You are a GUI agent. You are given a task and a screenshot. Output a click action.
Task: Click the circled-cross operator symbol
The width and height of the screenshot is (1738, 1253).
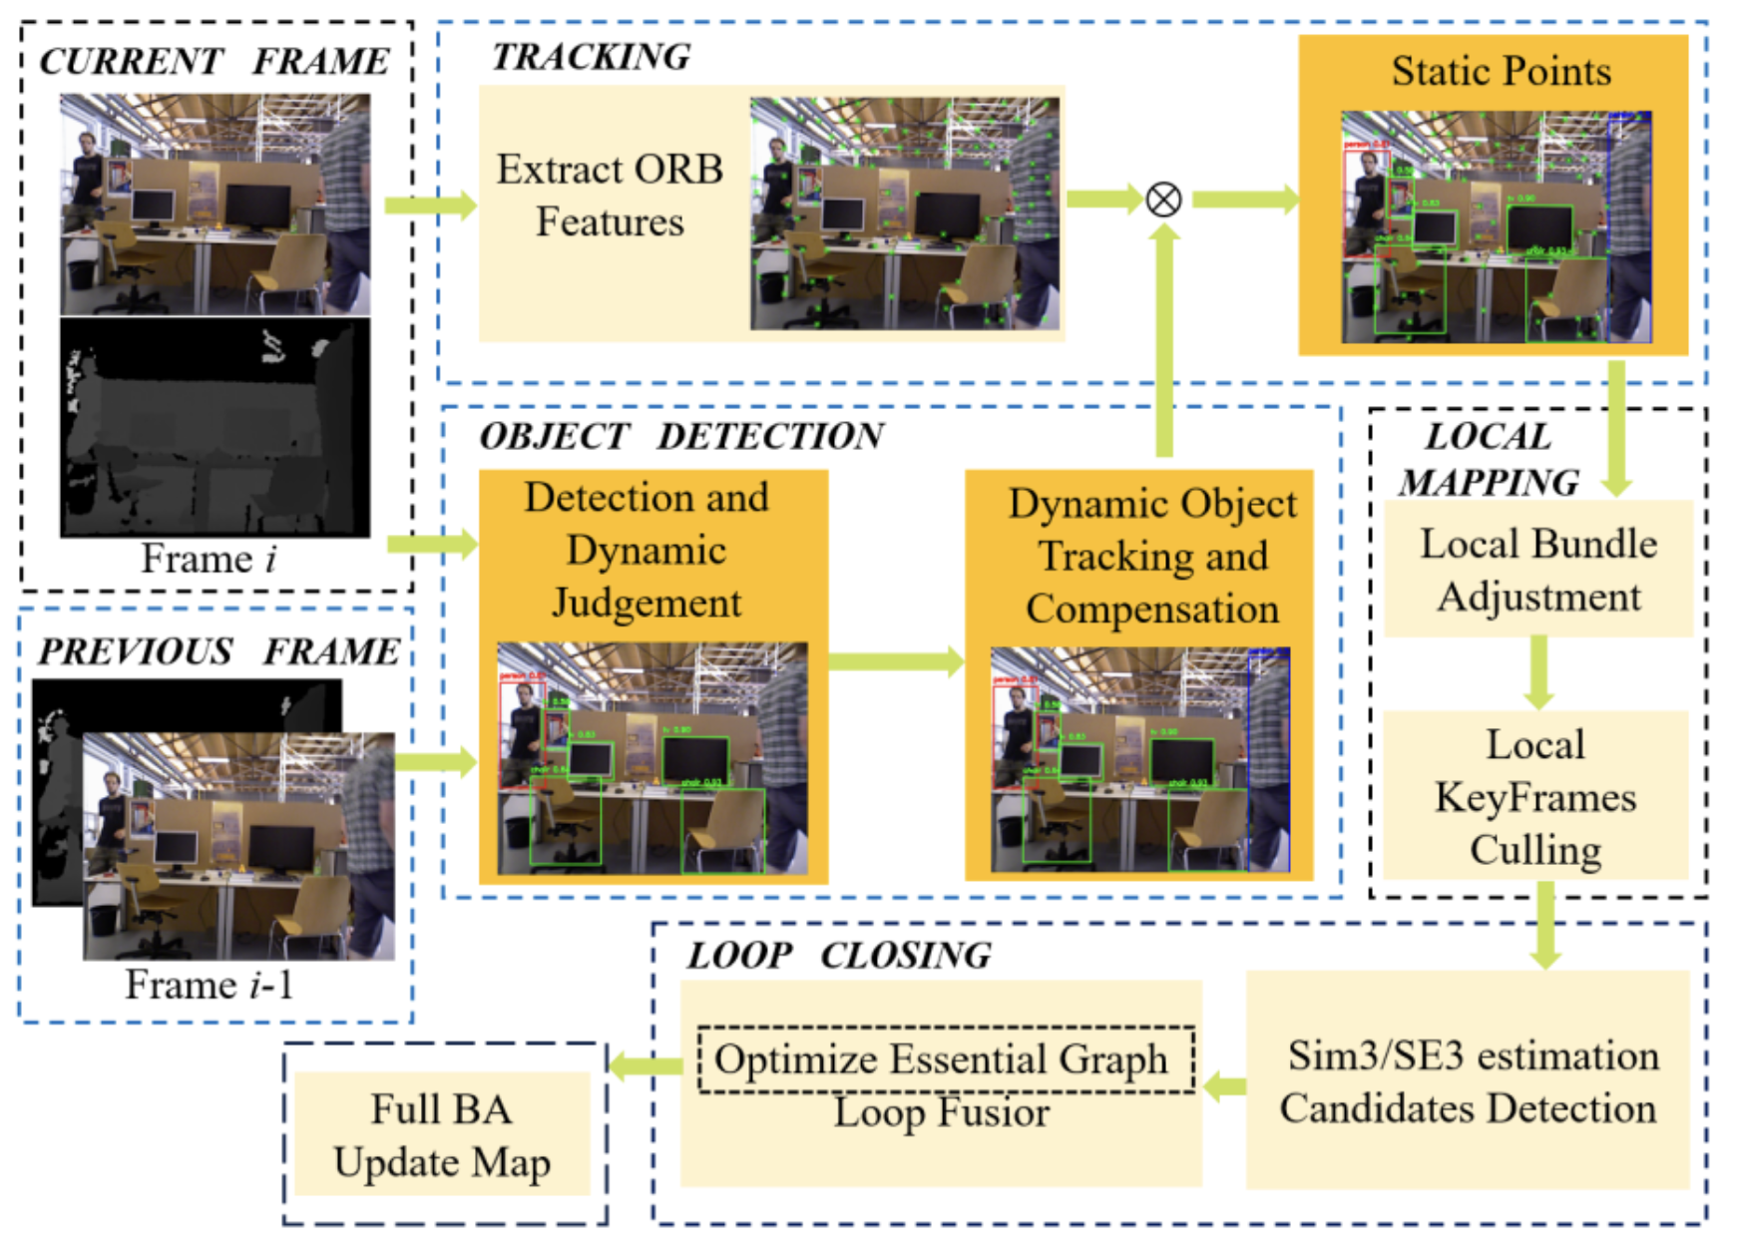pos(1163,200)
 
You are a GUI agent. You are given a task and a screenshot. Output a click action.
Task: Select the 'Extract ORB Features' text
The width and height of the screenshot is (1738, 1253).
pos(610,196)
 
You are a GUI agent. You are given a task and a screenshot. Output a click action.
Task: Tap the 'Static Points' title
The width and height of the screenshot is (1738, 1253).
pos(1501,72)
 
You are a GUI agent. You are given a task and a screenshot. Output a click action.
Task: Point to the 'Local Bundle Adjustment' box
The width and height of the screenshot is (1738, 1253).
pos(1538,570)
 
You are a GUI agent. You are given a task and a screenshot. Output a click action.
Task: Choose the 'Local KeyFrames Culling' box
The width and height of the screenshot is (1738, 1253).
pos(1535,796)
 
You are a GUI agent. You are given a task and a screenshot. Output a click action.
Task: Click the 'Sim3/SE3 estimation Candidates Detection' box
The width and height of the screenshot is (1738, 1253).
pos(1469,1081)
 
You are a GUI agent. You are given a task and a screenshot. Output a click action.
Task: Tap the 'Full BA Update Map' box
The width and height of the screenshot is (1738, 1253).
pos(442,1135)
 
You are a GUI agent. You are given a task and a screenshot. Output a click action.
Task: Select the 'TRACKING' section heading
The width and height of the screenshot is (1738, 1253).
pos(591,57)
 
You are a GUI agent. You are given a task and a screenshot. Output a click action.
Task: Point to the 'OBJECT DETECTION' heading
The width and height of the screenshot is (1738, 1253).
pos(681,436)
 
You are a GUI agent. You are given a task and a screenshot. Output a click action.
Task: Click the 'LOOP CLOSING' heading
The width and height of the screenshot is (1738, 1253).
pos(839,956)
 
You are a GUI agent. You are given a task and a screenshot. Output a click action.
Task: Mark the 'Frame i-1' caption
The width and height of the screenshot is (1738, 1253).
pos(209,985)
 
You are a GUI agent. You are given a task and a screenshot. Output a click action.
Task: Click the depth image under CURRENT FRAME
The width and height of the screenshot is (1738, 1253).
pos(215,428)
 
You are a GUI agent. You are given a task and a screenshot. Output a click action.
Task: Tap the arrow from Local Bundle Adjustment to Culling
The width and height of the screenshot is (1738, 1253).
pos(1539,672)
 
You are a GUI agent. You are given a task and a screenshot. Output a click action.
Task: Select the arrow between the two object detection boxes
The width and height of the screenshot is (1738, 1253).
pos(895,661)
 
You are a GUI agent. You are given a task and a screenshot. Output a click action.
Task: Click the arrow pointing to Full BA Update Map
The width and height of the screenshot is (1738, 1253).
pos(645,1066)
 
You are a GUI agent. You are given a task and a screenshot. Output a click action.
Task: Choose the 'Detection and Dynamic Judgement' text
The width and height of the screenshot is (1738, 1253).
pos(647,550)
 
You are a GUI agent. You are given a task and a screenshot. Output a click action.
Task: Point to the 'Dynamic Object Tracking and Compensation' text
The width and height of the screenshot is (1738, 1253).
pos(1152,556)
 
